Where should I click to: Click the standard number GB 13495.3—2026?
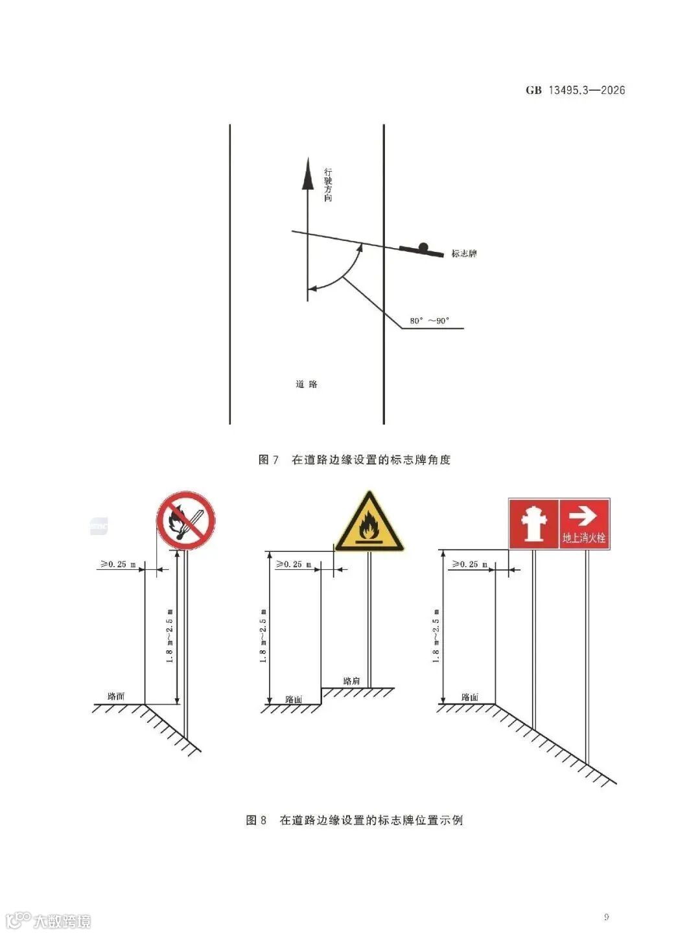(x=576, y=90)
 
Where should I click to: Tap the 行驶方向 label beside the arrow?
(x=328, y=185)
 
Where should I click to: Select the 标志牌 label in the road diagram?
(x=464, y=253)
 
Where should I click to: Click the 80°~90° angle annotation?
(x=429, y=321)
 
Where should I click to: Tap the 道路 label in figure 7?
(x=307, y=384)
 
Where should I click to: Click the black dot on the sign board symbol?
(x=423, y=246)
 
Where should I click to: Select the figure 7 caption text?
(x=355, y=460)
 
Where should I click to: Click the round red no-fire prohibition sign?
(x=186, y=520)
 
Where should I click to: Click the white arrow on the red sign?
(x=583, y=516)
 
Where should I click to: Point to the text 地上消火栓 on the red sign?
(x=584, y=538)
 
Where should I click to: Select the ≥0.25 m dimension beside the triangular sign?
(x=293, y=564)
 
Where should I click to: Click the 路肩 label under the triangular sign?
(x=351, y=681)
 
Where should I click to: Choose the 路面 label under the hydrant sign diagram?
(x=470, y=697)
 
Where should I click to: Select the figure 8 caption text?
(x=355, y=820)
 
